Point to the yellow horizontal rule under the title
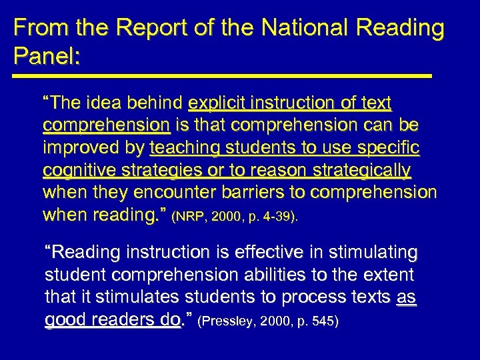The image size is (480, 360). click(223, 76)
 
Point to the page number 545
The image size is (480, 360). click(323, 322)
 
